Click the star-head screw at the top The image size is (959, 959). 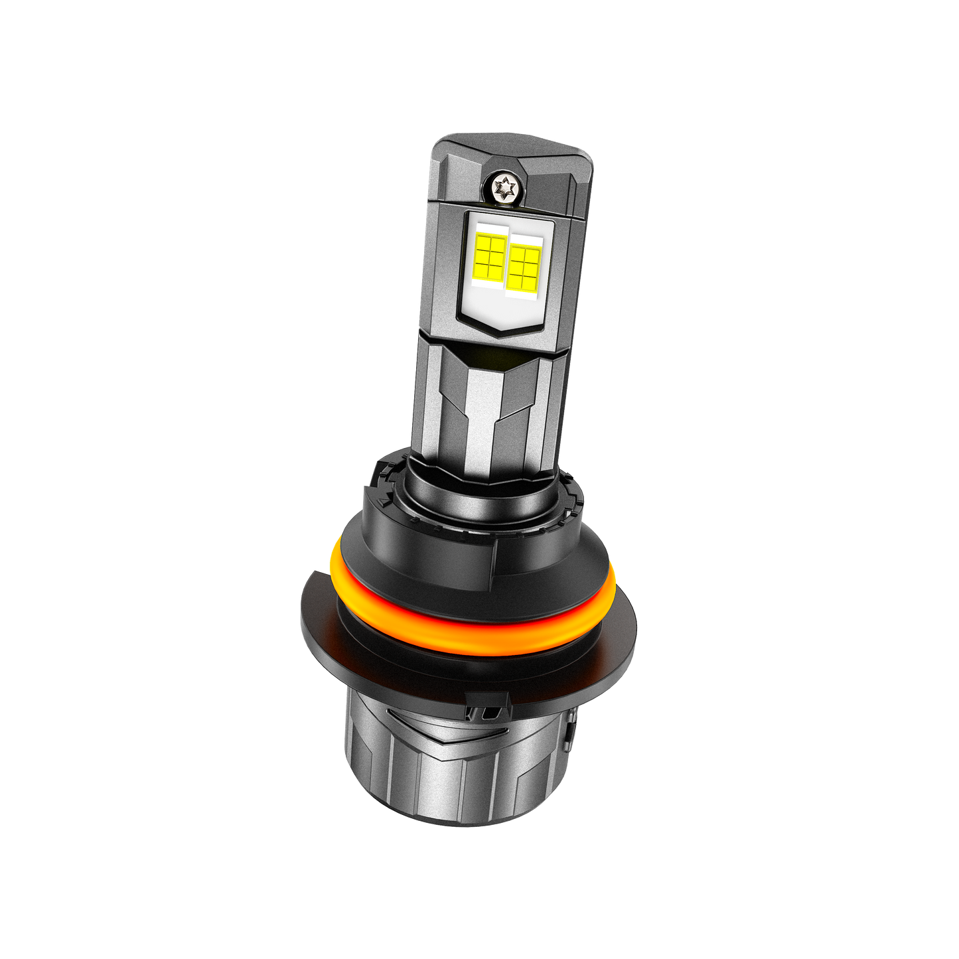tap(505, 188)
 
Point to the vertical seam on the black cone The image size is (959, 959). tap(496, 564)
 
